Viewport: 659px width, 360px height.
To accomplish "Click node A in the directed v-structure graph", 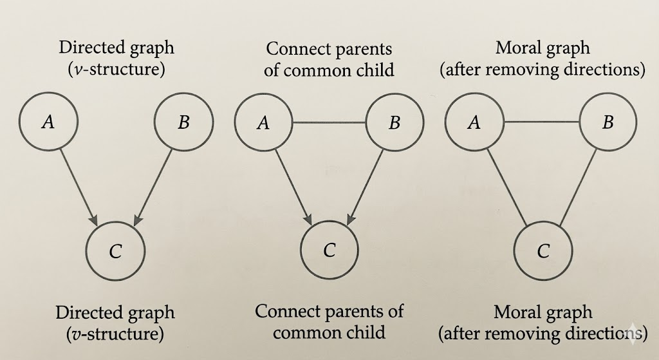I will (48, 122).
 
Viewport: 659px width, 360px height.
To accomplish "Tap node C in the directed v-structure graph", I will (115, 251).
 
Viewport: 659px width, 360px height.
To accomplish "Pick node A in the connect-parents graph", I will (263, 122).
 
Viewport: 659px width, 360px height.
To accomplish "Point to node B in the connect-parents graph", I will (394, 122).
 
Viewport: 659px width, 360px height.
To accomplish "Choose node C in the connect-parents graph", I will (329, 250).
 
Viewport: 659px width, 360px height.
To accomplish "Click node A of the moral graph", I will (474, 122).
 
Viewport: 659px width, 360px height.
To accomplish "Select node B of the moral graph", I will (608, 122).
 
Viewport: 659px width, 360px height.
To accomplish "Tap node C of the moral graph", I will (543, 251).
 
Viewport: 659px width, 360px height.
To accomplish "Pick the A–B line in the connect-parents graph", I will (328, 122).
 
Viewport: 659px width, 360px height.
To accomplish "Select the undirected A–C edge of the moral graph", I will (507, 187).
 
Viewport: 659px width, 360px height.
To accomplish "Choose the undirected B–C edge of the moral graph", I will (576, 187).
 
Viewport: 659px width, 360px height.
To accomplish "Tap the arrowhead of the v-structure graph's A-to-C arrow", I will (95, 221).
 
